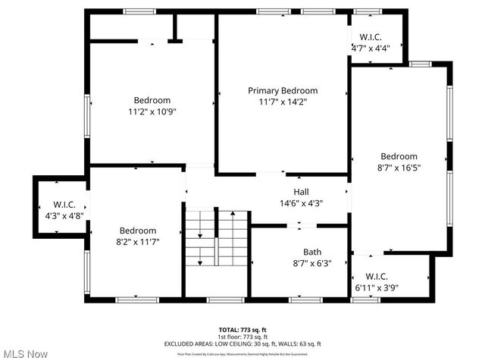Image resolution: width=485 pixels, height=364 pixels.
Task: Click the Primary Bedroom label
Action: (x=283, y=90)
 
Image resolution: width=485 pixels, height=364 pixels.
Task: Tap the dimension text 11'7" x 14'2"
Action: (x=283, y=101)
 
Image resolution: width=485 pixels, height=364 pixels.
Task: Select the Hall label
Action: (x=301, y=192)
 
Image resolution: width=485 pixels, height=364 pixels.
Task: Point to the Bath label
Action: (x=312, y=252)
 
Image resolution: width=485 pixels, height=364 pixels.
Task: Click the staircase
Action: (x=217, y=238)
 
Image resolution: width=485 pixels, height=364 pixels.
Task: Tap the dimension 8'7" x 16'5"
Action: (x=399, y=168)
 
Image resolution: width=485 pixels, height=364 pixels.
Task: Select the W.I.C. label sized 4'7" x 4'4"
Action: (x=370, y=37)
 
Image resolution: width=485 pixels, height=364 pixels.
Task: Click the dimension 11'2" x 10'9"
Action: (x=152, y=111)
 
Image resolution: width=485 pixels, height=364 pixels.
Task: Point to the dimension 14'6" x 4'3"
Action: (x=301, y=202)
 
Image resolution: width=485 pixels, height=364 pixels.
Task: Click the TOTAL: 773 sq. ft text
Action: (x=242, y=330)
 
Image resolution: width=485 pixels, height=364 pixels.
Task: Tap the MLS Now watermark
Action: (x=25, y=354)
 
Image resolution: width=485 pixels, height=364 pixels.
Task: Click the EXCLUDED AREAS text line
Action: (x=242, y=344)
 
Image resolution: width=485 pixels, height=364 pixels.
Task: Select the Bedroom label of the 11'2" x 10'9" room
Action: (x=152, y=100)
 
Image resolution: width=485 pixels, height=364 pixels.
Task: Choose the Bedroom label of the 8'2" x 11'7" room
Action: (x=138, y=231)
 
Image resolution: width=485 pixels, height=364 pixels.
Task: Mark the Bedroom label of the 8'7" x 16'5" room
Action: (x=399, y=157)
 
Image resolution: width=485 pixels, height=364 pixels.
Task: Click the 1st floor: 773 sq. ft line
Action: (x=242, y=337)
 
